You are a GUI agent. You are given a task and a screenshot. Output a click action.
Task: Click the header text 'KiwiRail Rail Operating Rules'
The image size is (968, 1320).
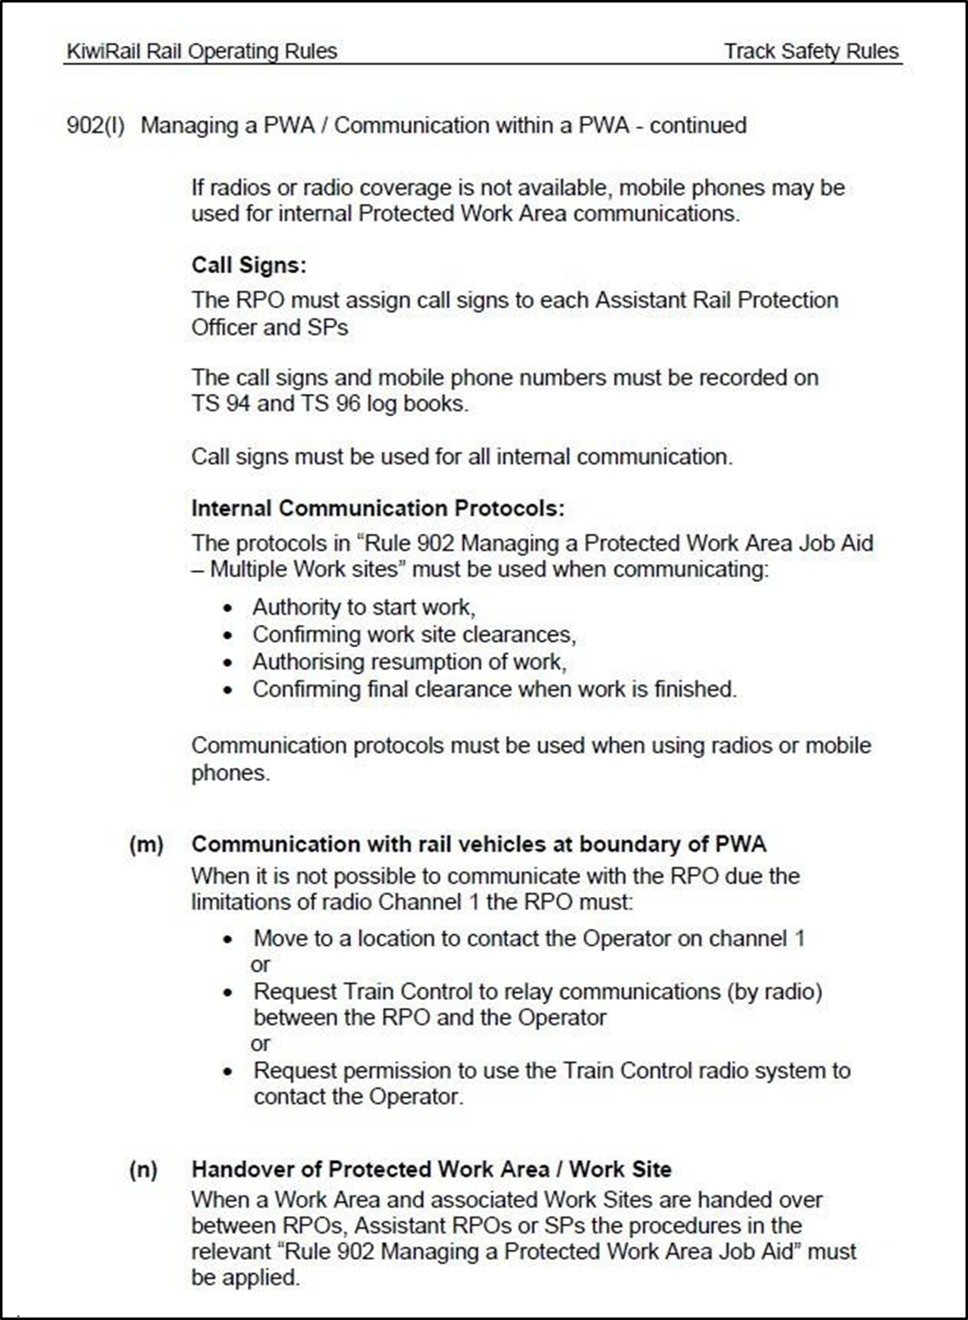tap(202, 52)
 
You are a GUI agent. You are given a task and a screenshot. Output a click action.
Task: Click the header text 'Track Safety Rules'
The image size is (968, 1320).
tap(811, 52)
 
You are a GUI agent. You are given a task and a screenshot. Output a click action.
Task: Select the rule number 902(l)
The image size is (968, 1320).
tap(95, 126)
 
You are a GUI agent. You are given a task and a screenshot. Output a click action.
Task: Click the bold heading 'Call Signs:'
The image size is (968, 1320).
tap(249, 265)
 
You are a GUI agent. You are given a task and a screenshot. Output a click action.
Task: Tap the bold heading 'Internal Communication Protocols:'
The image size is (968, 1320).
tap(378, 508)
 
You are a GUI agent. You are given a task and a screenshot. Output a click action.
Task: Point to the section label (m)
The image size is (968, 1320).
tap(147, 844)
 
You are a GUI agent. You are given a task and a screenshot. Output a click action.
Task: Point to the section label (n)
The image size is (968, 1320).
tap(144, 1169)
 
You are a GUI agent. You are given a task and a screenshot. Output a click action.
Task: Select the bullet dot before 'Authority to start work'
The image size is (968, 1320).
tap(228, 608)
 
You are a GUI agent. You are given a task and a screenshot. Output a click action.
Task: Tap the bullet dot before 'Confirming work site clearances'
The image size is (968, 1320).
tap(228, 635)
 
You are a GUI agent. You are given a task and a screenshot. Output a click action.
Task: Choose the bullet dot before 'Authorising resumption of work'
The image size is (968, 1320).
tap(228, 663)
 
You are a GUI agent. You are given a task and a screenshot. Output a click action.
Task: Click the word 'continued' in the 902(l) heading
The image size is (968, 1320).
tap(698, 126)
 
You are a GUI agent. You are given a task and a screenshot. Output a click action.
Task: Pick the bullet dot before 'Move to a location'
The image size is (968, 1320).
tap(228, 939)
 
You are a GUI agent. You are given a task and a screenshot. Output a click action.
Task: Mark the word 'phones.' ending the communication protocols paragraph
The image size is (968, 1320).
tap(231, 773)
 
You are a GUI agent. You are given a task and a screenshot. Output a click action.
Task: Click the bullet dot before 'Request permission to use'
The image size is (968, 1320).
tap(228, 1072)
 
